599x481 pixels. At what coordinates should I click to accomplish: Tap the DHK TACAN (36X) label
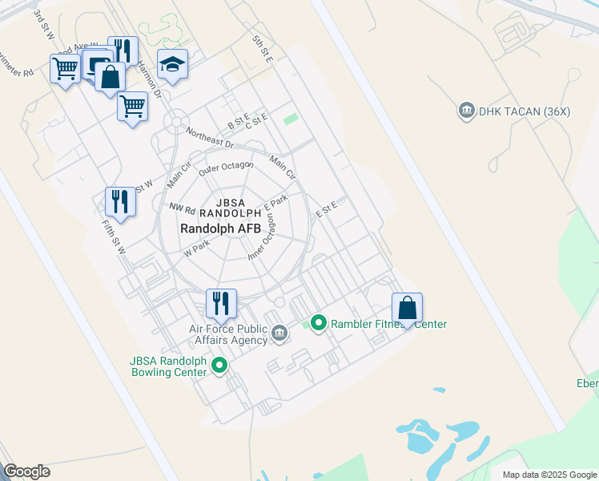524,111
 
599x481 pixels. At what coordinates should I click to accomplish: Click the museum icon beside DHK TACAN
465,111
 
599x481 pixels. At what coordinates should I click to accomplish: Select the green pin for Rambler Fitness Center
318,324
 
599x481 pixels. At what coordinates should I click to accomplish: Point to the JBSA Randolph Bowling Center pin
219,366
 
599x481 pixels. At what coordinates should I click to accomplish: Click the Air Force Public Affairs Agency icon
279,333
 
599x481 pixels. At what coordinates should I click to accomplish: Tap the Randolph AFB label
221,228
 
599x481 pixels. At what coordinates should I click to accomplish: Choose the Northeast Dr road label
208,138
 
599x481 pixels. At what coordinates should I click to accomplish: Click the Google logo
26,471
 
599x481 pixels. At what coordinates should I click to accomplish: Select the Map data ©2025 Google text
549,475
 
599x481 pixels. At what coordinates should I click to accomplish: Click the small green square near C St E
291,119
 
